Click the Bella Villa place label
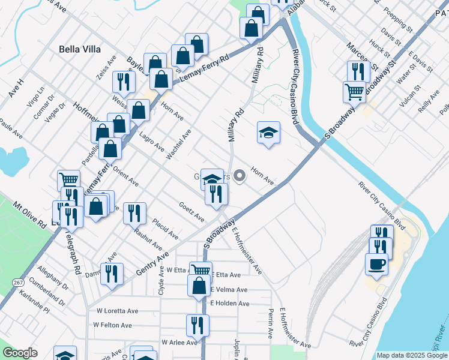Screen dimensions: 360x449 80,49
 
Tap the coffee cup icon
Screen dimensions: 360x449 376,264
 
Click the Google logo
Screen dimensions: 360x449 20,353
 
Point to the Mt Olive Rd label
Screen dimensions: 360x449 30,214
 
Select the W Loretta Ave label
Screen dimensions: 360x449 117,311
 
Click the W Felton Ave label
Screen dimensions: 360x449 112,325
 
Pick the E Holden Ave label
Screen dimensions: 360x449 229,304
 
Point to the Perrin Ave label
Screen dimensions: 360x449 271,323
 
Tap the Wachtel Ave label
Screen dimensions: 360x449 178,145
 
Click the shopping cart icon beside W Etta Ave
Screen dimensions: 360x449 200,271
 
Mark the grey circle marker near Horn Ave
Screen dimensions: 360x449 240,176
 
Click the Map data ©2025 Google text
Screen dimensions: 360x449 412,355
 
